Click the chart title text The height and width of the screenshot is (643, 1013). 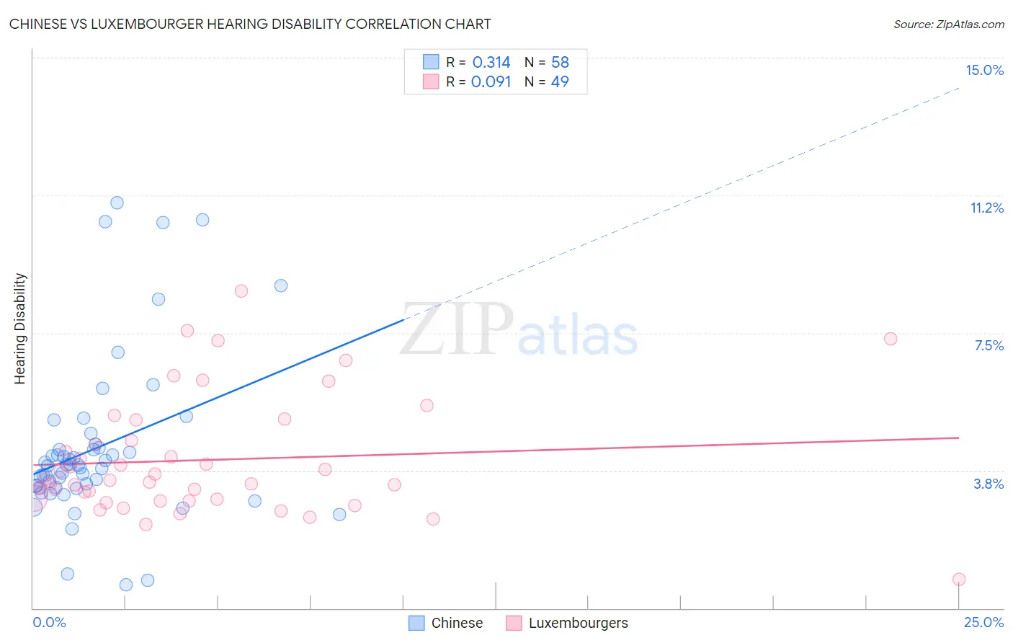pos(250,24)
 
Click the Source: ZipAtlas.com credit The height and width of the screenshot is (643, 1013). pos(948,24)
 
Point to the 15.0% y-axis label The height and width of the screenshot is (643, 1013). pos(984,70)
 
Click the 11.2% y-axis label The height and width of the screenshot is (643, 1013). pos(986,208)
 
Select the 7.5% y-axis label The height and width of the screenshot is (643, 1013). pos(989,345)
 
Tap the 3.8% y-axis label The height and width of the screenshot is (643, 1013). pos(989,484)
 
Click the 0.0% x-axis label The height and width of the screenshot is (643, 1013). pos(49,622)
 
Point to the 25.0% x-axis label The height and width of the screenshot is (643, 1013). pos(983,622)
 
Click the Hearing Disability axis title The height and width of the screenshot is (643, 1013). pos(20,328)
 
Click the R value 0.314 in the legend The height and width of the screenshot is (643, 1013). pos(491,62)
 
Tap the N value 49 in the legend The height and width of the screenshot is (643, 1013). pos(560,81)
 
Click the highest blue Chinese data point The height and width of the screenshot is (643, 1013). pos(117,203)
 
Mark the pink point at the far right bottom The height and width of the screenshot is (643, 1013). pos(958,580)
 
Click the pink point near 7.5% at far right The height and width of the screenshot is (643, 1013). pos(891,339)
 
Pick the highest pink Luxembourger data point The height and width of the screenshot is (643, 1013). pos(241,291)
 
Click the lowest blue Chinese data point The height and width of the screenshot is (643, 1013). pos(126,585)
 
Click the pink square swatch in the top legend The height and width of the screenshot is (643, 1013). pos(431,81)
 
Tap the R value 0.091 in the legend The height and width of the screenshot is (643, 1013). pos(491,81)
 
